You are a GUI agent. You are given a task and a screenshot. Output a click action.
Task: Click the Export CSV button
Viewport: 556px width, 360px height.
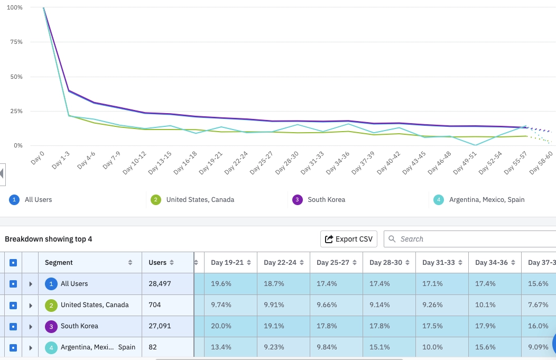(x=349, y=239)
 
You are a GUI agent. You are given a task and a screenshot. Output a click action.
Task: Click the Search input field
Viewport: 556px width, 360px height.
(x=470, y=239)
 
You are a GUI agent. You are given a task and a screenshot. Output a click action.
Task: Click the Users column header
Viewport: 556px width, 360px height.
(x=157, y=263)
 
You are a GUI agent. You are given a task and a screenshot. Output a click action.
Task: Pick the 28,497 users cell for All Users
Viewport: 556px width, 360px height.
(x=160, y=284)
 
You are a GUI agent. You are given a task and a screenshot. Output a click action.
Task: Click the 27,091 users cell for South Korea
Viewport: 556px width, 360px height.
(x=160, y=326)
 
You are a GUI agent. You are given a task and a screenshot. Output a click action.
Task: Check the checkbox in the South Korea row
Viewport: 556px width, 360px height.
(x=13, y=326)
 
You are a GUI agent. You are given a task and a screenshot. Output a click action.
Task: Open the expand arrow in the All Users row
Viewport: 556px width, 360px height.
(x=31, y=284)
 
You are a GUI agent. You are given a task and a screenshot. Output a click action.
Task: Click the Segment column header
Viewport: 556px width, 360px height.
(x=59, y=263)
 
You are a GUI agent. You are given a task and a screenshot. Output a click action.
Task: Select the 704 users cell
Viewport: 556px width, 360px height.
(x=155, y=305)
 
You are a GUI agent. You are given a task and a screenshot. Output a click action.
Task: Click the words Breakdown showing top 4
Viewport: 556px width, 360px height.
(x=49, y=239)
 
